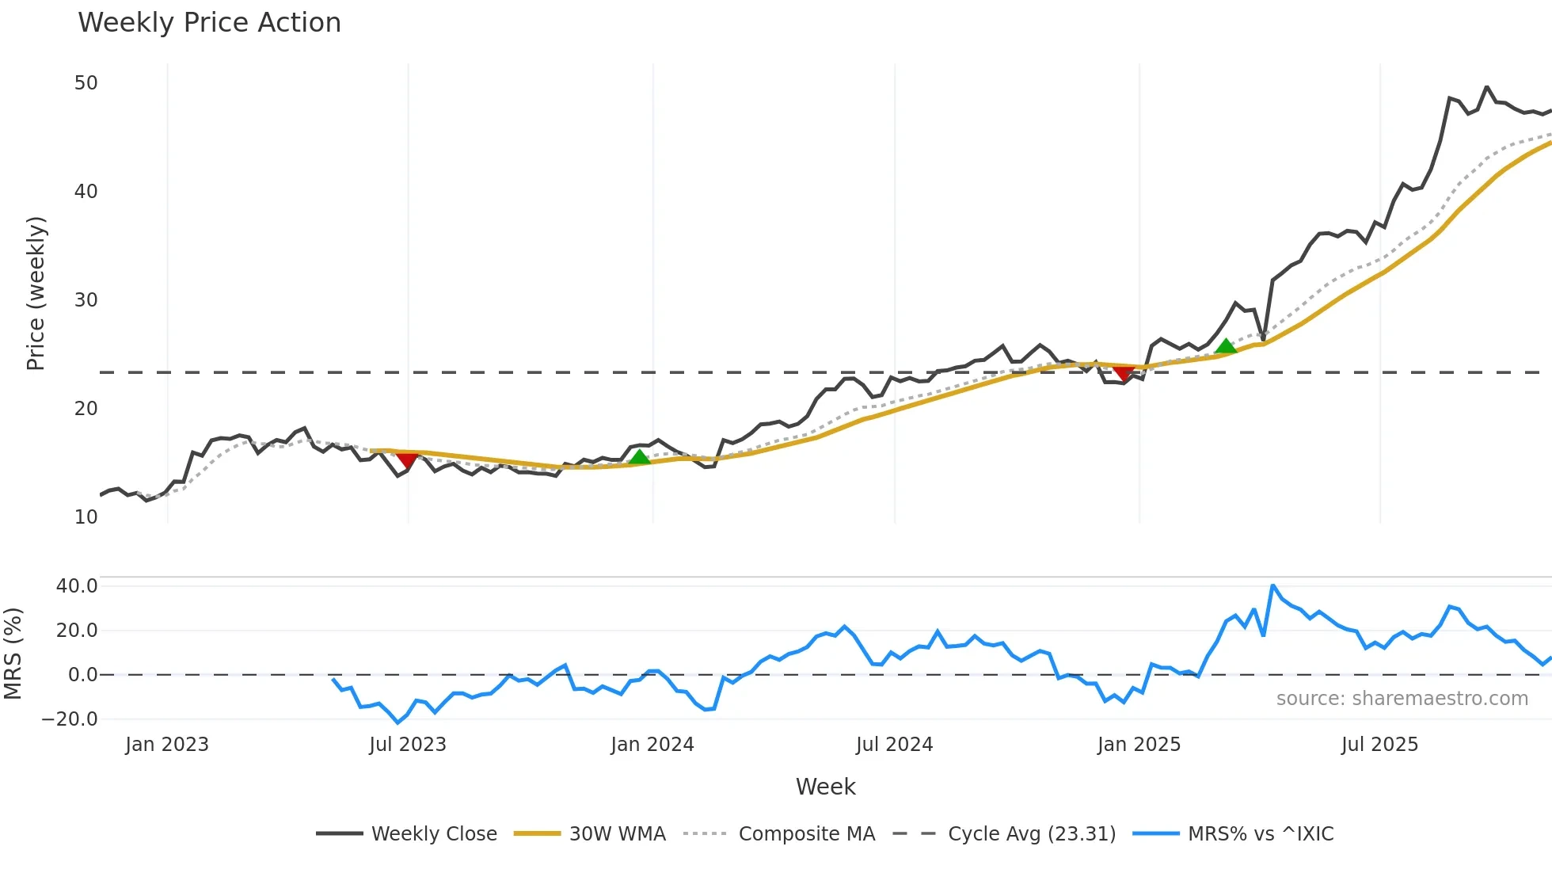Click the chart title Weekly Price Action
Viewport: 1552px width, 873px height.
(x=209, y=23)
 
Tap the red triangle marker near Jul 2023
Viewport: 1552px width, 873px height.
(x=407, y=460)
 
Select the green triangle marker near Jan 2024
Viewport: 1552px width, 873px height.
(x=639, y=457)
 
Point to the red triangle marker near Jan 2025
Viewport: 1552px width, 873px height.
(x=1123, y=373)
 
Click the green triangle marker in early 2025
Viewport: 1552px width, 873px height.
(x=1226, y=346)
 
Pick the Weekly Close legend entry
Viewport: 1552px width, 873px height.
(x=406, y=833)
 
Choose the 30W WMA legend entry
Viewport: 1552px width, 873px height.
(x=590, y=833)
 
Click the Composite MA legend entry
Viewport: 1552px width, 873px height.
(x=779, y=833)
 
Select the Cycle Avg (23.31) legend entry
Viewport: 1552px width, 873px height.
(x=1004, y=833)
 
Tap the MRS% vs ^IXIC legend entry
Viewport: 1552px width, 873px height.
(x=1233, y=833)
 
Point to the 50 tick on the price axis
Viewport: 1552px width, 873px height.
(x=86, y=83)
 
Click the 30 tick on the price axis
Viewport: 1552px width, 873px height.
(x=86, y=300)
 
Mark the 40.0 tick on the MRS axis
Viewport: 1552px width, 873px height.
(x=77, y=586)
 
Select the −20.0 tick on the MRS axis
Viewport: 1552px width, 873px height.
(x=70, y=719)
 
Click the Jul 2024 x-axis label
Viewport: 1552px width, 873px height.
(x=894, y=745)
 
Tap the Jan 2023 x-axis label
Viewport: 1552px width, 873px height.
(x=167, y=745)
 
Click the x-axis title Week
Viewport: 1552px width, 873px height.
(x=825, y=787)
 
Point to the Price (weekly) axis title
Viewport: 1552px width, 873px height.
(x=36, y=293)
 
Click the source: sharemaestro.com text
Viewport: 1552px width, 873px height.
(x=1402, y=699)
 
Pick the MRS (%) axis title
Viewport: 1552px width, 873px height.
(x=13, y=654)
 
